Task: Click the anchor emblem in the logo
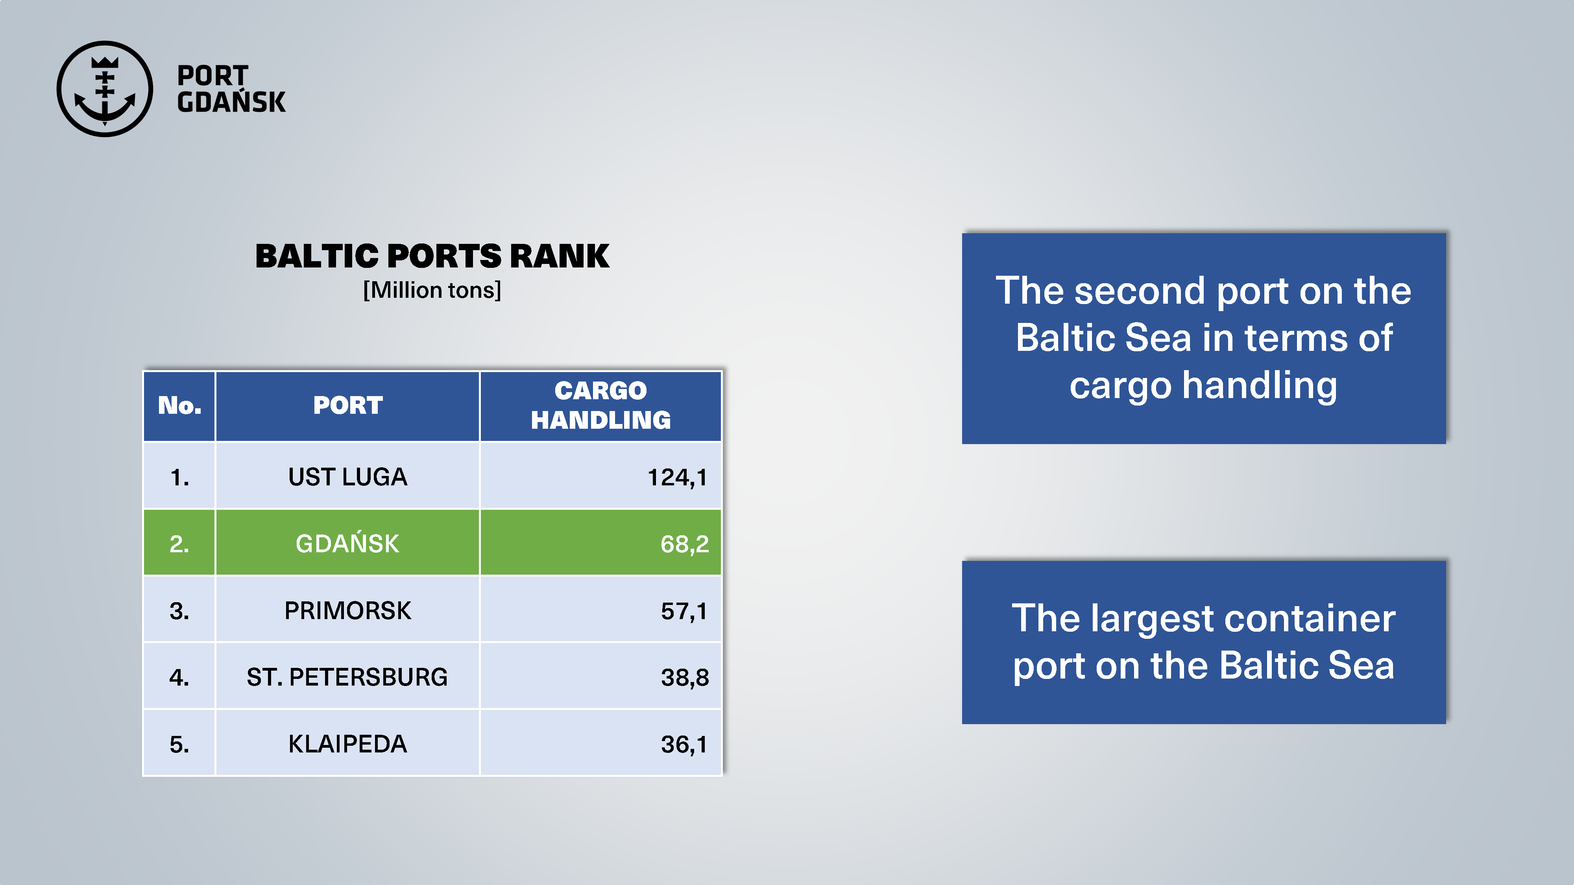point(105,89)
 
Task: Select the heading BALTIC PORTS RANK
point(432,256)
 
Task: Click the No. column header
point(180,406)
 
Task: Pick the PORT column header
point(348,406)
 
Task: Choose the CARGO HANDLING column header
point(600,405)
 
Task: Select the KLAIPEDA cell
point(348,744)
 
